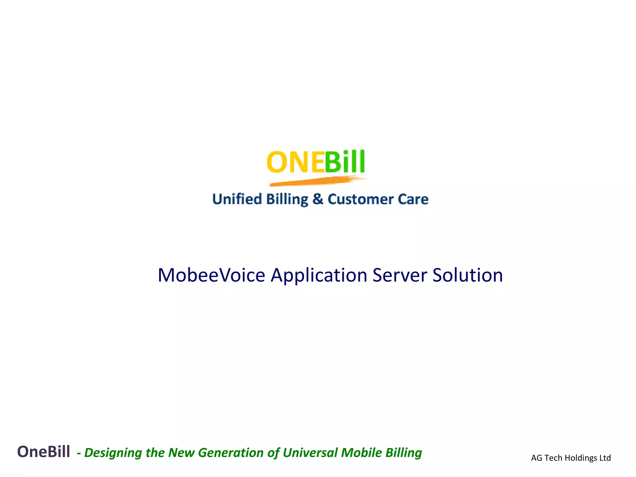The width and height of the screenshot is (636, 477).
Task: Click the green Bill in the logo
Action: [x=345, y=162]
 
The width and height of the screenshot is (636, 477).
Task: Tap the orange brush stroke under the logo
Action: [x=317, y=181]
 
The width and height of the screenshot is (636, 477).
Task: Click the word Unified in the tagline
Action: [x=237, y=199]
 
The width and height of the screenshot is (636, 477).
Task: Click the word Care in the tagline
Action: [x=413, y=199]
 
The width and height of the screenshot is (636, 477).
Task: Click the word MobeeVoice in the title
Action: [x=211, y=275]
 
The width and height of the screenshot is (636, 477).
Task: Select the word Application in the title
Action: [x=319, y=275]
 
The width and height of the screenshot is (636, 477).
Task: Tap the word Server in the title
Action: [x=399, y=275]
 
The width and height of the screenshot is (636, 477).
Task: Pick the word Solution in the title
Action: [x=467, y=275]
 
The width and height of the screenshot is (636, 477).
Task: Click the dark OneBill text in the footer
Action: [x=43, y=452]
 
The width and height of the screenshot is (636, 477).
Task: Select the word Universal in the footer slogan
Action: [x=310, y=453]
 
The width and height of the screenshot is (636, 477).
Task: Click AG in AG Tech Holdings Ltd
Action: [x=536, y=458]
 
